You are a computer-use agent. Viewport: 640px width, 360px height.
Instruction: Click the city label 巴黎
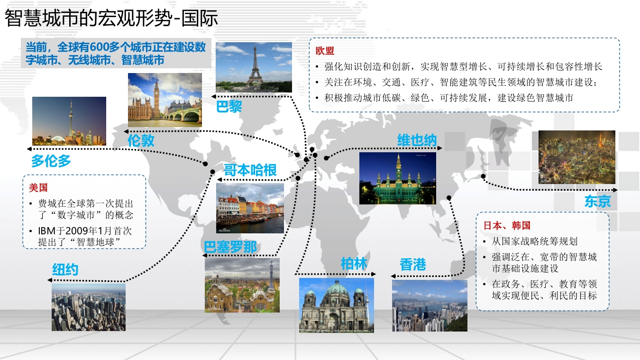[x=229, y=107]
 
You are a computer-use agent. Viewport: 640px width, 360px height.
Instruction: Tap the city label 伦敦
[x=141, y=140]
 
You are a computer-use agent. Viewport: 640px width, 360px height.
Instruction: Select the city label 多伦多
[x=51, y=161]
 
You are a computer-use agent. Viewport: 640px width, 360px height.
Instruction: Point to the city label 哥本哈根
[x=250, y=170]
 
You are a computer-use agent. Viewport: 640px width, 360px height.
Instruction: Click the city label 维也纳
[x=417, y=140]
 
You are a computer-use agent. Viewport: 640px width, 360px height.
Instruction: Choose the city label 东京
[x=597, y=201]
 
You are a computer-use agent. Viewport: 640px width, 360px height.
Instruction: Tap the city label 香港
[x=413, y=264]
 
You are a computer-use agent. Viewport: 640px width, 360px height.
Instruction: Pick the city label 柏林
[x=354, y=263]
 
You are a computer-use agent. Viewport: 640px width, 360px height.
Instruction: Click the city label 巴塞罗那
[x=230, y=247]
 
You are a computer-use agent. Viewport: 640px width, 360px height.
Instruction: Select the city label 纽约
[x=65, y=269]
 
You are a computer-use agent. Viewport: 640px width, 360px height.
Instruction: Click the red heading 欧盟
[x=325, y=51]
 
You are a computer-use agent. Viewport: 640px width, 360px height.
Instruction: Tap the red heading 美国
[x=38, y=188]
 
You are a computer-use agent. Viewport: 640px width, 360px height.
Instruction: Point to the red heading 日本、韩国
[x=507, y=226]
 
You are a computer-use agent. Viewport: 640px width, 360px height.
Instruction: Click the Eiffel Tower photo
[x=254, y=67]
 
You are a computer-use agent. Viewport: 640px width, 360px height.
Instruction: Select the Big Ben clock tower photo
[x=165, y=100]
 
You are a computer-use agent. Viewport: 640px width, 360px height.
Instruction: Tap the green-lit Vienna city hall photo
[x=398, y=178]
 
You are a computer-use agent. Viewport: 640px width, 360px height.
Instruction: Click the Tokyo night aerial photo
[x=577, y=157]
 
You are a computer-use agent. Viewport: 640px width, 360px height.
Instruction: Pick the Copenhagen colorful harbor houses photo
[x=250, y=208]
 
